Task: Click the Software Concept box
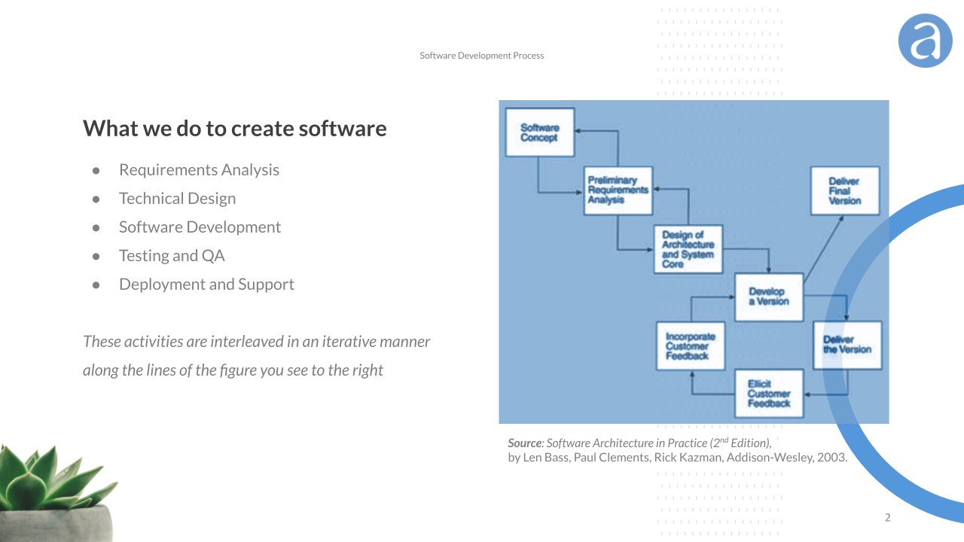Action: pyautogui.click(x=539, y=132)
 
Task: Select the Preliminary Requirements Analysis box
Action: pyautogui.click(x=618, y=190)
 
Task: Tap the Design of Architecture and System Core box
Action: pyautogui.click(x=688, y=249)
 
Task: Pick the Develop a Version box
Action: pyautogui.click(x=768, y=297)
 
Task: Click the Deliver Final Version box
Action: pyautogui.click(x=844, y=191)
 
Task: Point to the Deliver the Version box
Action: pyautogui.click(x=847, y=345)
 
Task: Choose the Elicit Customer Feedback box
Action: pyautogui.click(x=768, y=394)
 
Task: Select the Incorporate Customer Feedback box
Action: pyautogui.click(x=691, y=346)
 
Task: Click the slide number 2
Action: pyautogui.click(x=887, y=518)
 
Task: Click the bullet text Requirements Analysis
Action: pyautogui.click(x=199, y=170)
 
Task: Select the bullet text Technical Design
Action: pyautogui.click(x=177, y=199)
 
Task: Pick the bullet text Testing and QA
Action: pyautogui.click(x=172, y=256)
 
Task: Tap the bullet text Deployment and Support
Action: pyautogui.click(x=206, y=285)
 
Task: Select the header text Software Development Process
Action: pyautogui.click(x=482, y=56)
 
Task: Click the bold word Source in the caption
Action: pyautogui.click(x=525, y=443)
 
